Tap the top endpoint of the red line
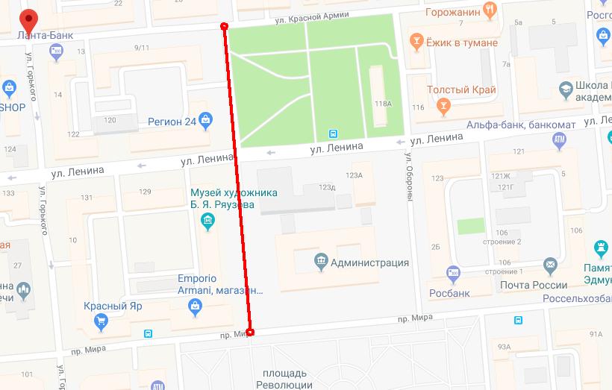click(225, 27)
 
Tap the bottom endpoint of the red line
click(250, 332)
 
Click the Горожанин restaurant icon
click(490, 11)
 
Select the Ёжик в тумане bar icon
click(416, 42)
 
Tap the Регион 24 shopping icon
click(204, 122)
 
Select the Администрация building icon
click(320, 262)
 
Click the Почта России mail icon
click(550, 264)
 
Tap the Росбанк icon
click(452, 273)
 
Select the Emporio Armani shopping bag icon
click(196, 306)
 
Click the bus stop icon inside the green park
click(332, 134)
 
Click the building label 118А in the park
click(383, 104)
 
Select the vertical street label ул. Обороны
click(410, 180)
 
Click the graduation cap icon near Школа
click(566, 90)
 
